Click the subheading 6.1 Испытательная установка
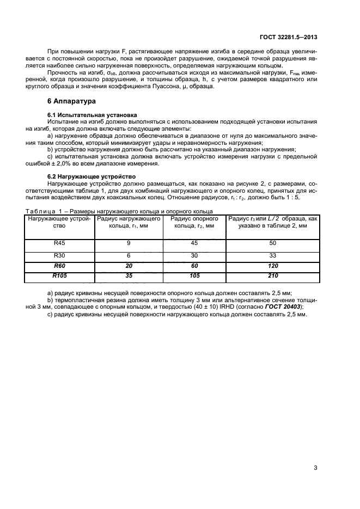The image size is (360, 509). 82,115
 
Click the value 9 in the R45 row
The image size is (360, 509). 128,243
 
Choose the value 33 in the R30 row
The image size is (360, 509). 273,255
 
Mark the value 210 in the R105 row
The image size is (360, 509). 273,277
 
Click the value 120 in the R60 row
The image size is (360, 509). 273,266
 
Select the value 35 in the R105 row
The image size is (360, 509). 128,277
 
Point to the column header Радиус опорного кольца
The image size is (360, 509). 194,222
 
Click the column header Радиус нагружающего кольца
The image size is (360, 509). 128,222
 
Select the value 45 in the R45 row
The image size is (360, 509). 194,243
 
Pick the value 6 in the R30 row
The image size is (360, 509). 128,255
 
